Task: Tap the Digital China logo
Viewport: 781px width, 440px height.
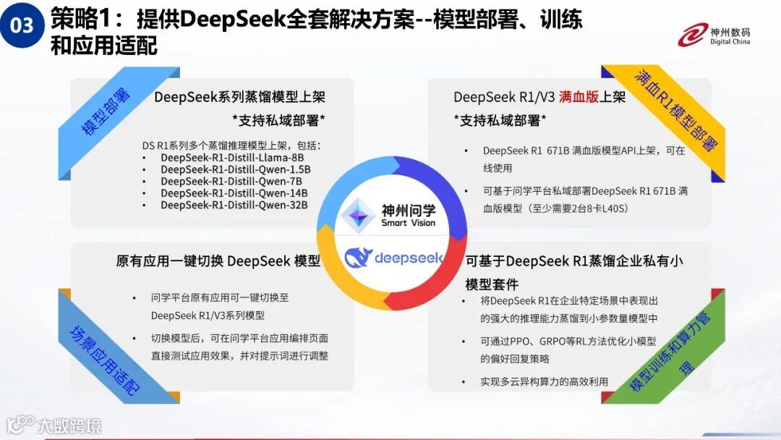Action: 714,33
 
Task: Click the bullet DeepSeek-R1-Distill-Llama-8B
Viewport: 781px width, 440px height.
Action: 232,158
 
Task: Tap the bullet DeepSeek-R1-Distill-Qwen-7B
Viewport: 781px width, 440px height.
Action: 231,182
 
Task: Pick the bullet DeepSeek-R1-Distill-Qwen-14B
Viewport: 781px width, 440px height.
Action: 234,193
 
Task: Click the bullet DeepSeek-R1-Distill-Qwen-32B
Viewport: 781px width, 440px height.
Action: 234,205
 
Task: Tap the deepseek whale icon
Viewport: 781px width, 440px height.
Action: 358,257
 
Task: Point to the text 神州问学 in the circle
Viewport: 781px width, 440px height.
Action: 409,210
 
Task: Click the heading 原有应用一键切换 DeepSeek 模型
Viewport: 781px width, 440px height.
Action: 218,261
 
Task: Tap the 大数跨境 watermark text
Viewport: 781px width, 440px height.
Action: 69,425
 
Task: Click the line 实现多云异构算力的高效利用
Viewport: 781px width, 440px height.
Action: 544,381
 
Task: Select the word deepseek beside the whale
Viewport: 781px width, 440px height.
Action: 409,258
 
